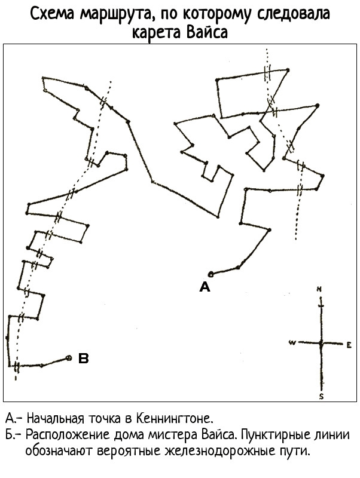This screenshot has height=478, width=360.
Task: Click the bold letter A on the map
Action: click(x=205, y=287)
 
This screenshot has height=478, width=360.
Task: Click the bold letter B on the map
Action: click(x=83, y=358)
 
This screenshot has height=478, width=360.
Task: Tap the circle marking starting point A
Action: click(x=210, y=274)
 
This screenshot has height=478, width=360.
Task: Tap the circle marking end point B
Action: click(x=69, y=358)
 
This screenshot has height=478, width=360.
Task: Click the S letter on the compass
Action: click(x=321, y=396)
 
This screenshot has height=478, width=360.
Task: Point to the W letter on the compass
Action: click(x=292, y=342)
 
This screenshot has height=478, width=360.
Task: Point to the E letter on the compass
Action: click(x=349, y=345)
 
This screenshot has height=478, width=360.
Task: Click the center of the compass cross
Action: click(x=321, y=343)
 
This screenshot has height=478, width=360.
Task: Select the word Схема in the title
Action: click(x=52, y=14)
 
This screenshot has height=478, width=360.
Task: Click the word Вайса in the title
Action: click(x=207, y=32)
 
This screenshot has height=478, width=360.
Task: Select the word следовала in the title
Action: click(x=293, y=14)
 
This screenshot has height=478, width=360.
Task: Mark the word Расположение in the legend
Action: click(x=68, y=435)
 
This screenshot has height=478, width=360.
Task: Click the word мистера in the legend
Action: click(x=173, y=435)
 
